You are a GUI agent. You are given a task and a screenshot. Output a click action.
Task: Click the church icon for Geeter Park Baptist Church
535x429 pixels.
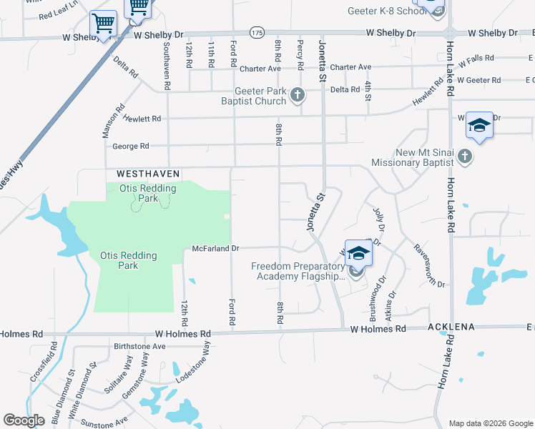[x=298, y=94]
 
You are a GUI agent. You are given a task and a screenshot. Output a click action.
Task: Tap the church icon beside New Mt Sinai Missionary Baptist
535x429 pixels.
[x=465, y=156]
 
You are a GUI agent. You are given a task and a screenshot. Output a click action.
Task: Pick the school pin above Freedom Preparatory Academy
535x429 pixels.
[x=358, y=253]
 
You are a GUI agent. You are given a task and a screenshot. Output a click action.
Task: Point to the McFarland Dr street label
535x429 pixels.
[x=215, y=249]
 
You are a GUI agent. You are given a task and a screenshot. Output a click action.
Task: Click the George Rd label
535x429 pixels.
[x=130, y=147]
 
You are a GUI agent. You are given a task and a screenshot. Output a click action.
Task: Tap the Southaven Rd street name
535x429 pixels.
[x=167, y=64]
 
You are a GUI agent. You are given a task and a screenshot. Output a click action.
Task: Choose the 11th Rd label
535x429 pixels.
[x=212, y=54]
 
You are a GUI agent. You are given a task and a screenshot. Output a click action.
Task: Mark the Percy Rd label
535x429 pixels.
[x=300, y=54]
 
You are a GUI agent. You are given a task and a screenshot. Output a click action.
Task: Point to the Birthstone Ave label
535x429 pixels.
[x=139, y=345]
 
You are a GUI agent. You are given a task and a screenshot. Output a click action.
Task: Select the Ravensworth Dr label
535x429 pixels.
[x=429, y=265]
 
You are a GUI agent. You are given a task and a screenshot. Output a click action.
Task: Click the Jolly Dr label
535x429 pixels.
[x=379, y=219]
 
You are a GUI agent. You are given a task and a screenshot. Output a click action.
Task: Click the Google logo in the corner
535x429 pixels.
[x=24, y=420]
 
